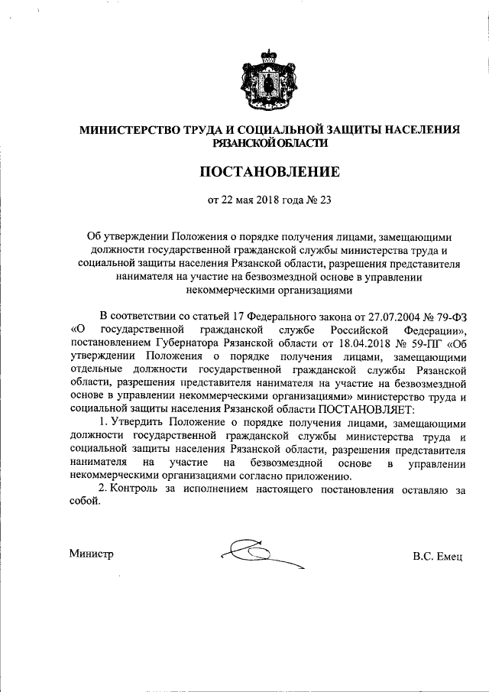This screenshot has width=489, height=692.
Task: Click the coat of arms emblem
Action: click(269, 80)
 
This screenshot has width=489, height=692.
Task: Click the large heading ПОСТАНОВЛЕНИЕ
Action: click(269, 173)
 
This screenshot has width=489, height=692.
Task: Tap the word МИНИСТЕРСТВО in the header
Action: click(126, 130)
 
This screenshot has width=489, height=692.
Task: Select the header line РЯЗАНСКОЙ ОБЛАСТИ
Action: click(269, 142)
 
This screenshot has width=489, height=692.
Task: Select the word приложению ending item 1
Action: click(323, 477)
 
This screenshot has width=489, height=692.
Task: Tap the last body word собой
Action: click(83, 504)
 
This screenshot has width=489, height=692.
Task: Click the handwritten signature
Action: click(256, 554)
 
